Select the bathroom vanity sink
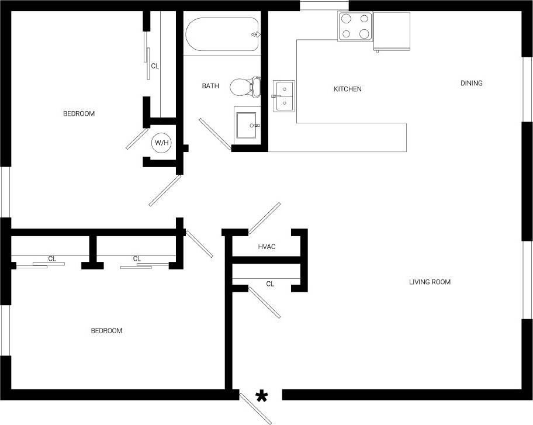(x=246, y=123)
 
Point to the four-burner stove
(x=355, y=26)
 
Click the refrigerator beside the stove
(x=392, y=31)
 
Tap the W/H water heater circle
(x=161, y=142)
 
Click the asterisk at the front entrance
(x=261, y=398)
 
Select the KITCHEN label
(x=347, y=89)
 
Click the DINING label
(x=471, y=83)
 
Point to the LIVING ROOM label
(x=430, y=282)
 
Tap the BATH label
(x=210, y=86)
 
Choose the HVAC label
(x=266, y=247)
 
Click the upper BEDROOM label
(x=78, y=113)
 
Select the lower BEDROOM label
(x=106, y=331)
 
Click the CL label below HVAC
(x=270, y=284)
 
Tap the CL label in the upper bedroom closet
(x=155, y=66)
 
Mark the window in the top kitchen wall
(x=324, y=5)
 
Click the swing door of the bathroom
(x=215, y=134)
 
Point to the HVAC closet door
(x=264, y=218)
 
